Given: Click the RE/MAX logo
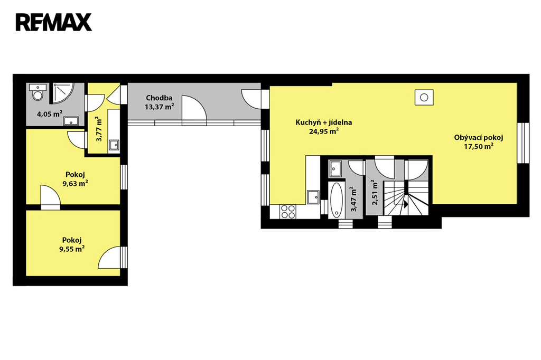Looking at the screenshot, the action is click(x=54, y=22).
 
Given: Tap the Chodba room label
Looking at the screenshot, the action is click(x=159, y=98).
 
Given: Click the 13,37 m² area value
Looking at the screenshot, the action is click(x=159, y=107).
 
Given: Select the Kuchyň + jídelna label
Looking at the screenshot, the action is click(x=324, y=122).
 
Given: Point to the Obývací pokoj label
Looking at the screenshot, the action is click(x=479, y=138).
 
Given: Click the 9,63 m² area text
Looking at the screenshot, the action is click(x=75, y=183).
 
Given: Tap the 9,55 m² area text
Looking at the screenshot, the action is click(x=72, y=249).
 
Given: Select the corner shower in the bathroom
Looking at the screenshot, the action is click(x=62, y=93).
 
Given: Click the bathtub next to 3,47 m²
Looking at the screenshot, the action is click(x=337, y=201).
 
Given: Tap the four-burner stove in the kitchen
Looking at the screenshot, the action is click(x=288, y=212).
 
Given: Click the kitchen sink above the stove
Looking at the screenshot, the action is click(x=314, y=197).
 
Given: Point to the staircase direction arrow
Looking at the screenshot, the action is click(x=406, y=204).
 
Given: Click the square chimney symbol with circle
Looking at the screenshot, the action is click(x=424, y=97).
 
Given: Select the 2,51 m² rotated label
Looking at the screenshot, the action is click(x=376, y=193).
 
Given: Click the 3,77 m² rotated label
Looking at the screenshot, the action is click(x=99, y=129).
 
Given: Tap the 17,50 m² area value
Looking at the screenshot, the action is click(x=479, y=147).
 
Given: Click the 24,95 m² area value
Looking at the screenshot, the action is click(x=324, y=131).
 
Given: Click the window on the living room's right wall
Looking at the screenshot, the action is click(x=523, y=143).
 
